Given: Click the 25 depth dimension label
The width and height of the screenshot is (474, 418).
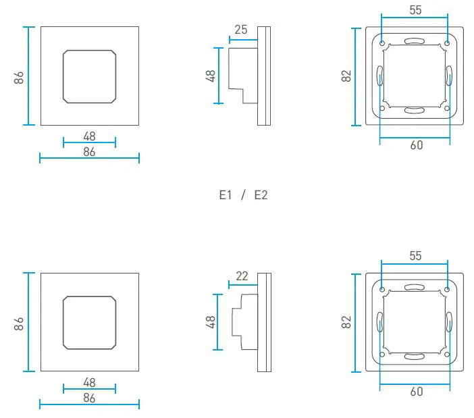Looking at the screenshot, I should (x=241, y=29).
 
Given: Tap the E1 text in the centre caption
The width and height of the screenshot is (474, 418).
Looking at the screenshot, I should (x=226, y=195).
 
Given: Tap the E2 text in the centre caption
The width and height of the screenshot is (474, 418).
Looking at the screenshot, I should (x=261, y=195).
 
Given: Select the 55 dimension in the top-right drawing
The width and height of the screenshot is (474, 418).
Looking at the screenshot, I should (x=415, y=9).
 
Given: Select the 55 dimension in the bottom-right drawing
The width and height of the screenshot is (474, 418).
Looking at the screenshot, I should (x=415, y=256).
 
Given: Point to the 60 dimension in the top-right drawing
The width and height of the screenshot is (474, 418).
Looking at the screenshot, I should (x=416, y=145).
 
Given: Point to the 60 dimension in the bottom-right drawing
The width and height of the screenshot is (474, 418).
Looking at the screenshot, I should (x=416, y=392).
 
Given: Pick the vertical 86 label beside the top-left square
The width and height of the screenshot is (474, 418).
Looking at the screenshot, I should (x=20, y=76).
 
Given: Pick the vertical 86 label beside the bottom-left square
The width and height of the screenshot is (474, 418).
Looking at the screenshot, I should (x=20, y=322).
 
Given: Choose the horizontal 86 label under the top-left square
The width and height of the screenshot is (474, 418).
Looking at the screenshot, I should (x=89, y=152).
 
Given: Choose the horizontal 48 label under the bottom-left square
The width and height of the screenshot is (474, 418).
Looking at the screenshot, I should (x=89, y=382).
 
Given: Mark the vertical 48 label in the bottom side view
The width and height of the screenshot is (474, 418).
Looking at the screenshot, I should (x=210, y=321).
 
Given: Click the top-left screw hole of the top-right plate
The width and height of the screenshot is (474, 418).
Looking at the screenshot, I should (x=383, y=44).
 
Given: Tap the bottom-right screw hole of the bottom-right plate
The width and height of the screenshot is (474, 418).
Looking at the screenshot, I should (x=447, y=354).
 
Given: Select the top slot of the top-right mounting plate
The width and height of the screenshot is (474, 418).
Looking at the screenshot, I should (x=415, y=41).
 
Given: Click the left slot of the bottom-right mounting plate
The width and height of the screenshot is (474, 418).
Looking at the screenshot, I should (x=379, y=322).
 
